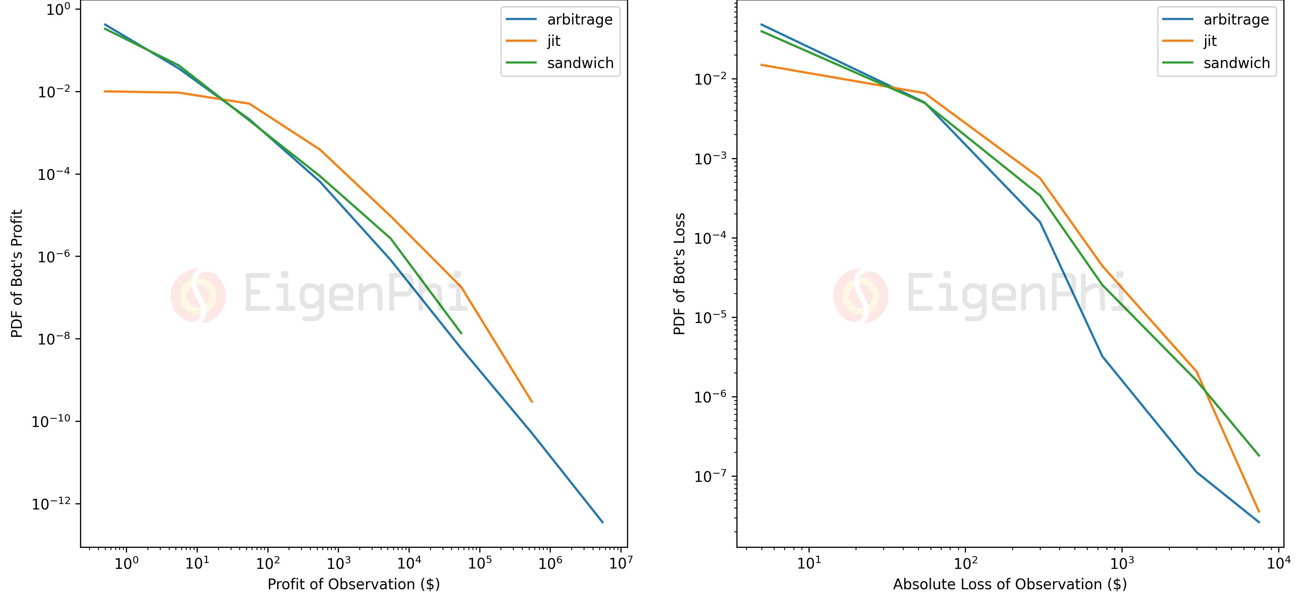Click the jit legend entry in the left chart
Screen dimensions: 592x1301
(x=554, y=41)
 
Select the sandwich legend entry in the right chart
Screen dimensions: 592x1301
(x=1236, y=63)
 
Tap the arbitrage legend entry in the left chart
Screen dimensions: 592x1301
(x=579, y=19)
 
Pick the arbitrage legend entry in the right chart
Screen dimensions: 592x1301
(x=1236, y=19)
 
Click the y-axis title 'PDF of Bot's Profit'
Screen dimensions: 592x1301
(x=17, y=274)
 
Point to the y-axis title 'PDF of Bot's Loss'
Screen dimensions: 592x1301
(x=680, y=274)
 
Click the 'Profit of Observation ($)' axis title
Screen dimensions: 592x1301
(x=353, y=584)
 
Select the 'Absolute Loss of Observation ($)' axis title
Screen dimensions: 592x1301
(x=1010, y=584)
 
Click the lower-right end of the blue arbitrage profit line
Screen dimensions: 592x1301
(x=603, y=522)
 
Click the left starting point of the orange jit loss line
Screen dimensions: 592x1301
(x=762, y=65)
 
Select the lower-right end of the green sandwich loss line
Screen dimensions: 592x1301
(x=1259, y=456)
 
